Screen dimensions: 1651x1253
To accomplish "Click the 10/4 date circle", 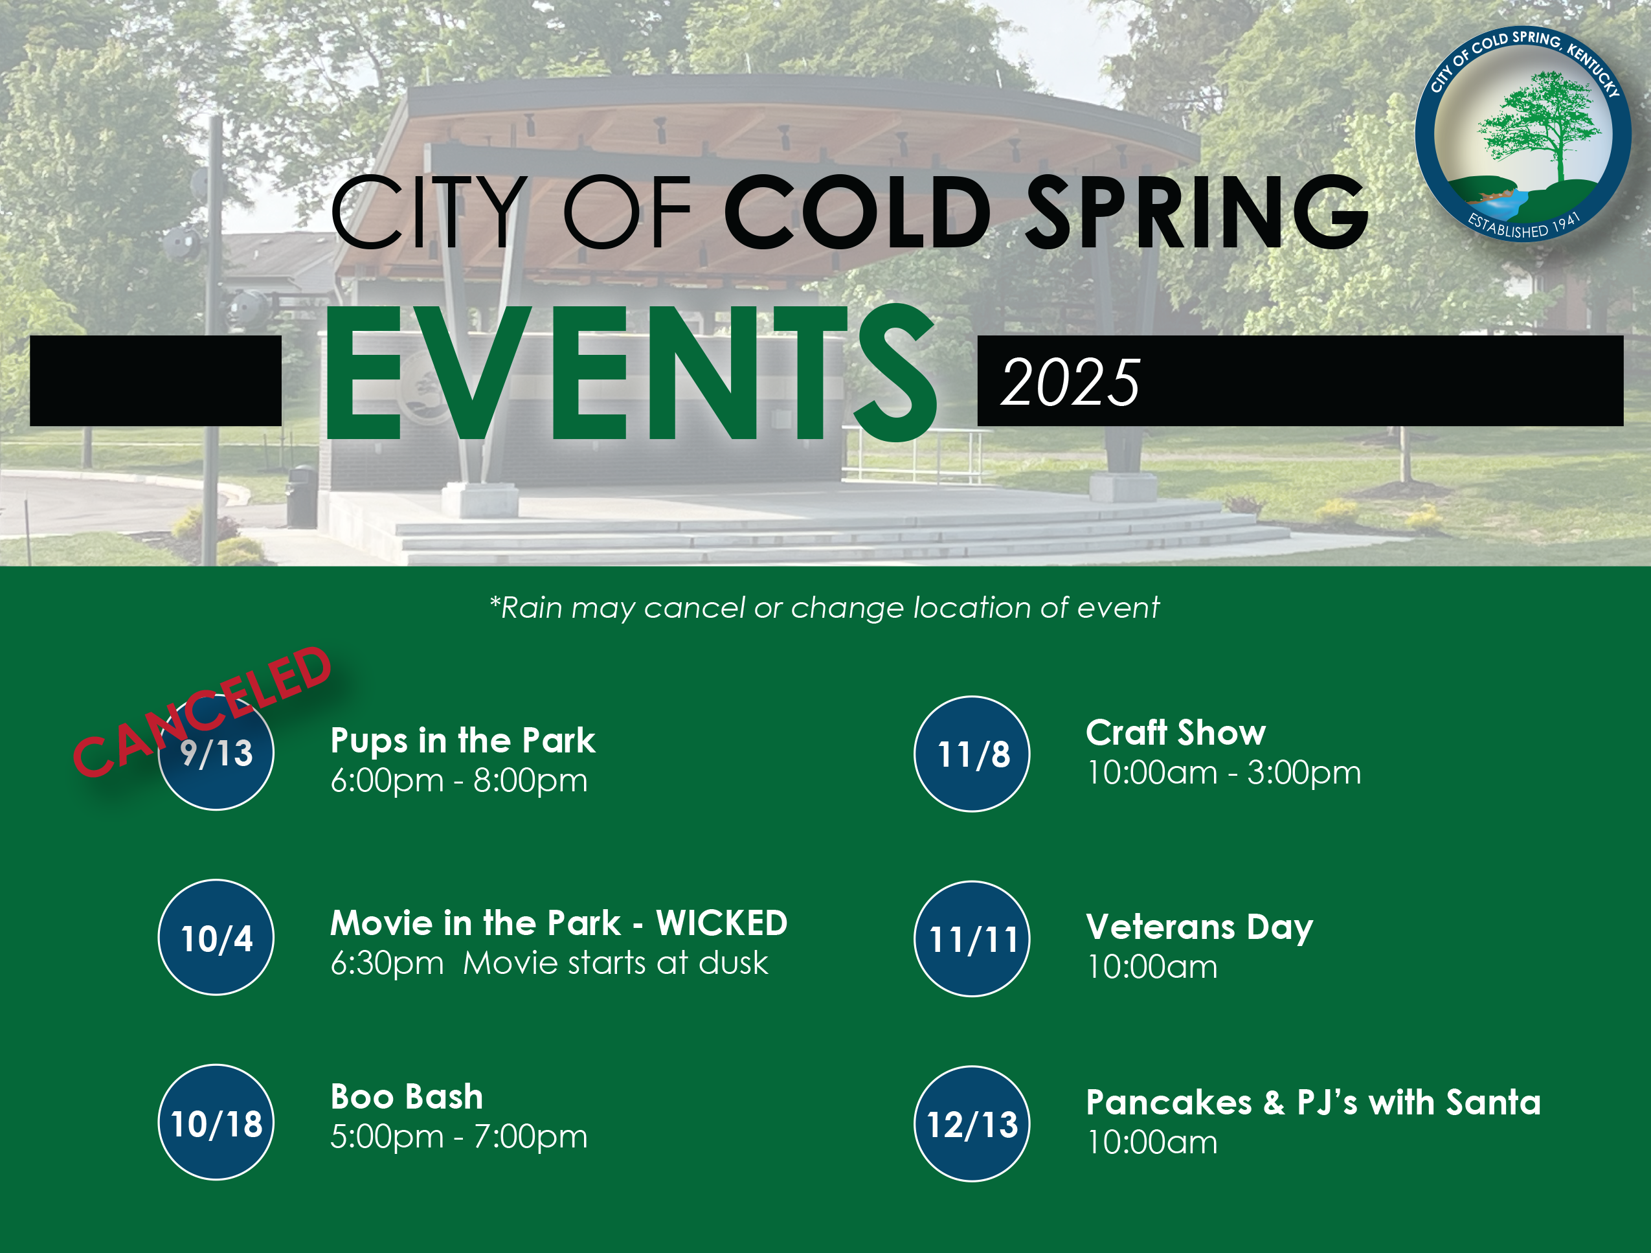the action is [x=216, y=938].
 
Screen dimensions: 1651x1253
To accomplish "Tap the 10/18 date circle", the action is [x=216, y=1122].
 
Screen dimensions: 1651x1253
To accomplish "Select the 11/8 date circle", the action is [x=972, y=754].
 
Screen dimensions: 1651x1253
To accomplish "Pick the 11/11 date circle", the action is [x=972, y=939].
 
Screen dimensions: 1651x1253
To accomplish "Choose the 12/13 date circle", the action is [x=972, y=1124].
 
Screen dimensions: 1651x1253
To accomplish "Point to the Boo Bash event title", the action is [x=407, y=1097].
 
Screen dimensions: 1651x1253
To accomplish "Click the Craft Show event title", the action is [x=1176, y=732].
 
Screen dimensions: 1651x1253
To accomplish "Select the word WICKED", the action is [x=721, y=923].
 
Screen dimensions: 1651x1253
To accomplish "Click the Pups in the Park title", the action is [x=463, y=741].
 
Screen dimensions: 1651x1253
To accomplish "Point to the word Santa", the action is [x=1493, y=1102].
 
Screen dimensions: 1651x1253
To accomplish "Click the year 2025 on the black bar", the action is [x=1070, y=382].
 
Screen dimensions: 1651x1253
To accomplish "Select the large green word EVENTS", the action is [x=631, y=373].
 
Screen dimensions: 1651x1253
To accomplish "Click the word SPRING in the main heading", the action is [x=1196, y=212].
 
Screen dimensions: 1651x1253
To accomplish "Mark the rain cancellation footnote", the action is [x=824, y=608].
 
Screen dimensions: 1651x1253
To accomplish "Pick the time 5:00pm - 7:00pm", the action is [x=459, y=1136].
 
